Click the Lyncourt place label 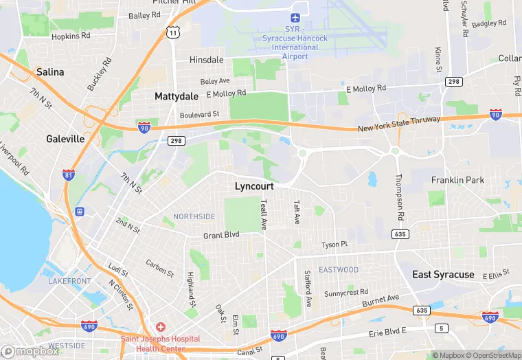coord(254,186)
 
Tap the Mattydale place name coord(177,96)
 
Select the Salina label coord(50,71)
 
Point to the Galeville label coord(65,139)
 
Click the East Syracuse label coord(443,274)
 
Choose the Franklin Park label coord(457,180)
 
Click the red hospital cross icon coord(160,326)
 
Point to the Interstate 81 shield coord(69,175)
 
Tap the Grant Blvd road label coord(221,235)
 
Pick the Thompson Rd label coord(399,195)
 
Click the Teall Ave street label coord(263,214)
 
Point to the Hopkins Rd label coord(71,35)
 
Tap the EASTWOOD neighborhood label coord(339,270)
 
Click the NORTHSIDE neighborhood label coord(194,216)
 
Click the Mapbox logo coord(30,351)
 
